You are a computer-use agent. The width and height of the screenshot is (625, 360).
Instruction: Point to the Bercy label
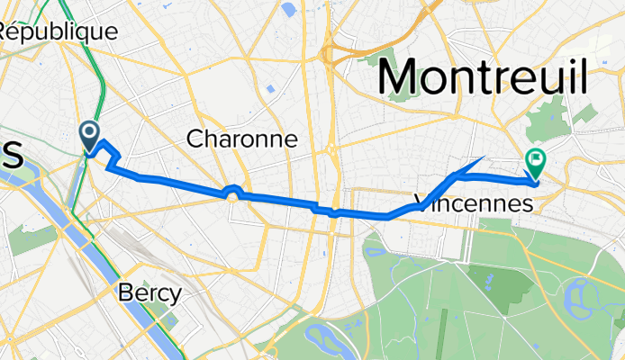point(150,292)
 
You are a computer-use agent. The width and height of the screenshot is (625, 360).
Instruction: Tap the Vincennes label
point(475,204)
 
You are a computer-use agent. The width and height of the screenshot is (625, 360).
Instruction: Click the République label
point(59,31)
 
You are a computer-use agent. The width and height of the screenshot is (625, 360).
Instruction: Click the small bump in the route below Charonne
point(232,190)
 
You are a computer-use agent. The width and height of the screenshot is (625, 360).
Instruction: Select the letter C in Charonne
point(195,139)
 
